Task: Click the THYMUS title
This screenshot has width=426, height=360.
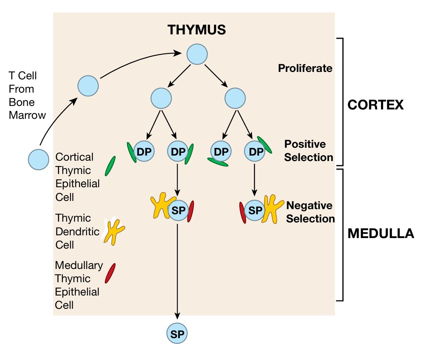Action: pyautogui.click(x=197, y=30)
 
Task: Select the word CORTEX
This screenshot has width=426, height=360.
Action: pyautogui.click(x=375, y=105)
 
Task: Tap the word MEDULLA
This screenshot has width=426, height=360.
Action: pyautogui.click(x=381, y=233)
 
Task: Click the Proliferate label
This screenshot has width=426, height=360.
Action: pyautogui.click(x=305, y=68)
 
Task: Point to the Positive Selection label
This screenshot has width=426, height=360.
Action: pyautogui.click(x=309, y=151)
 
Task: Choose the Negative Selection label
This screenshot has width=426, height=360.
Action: pyautogui.click(x=310, y=212)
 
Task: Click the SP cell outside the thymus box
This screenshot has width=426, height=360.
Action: pyautogui.click(x=177, y=333)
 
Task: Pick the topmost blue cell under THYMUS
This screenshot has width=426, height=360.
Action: pyautogui.click(x=197, y=54)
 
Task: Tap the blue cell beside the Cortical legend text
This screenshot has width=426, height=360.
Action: pyautogui.click(x=39, y=159)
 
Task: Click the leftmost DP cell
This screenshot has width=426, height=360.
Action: pyautogui.click(x=144, y=152)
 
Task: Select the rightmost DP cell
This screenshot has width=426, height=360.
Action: pyautogui.click(x=255, y=152)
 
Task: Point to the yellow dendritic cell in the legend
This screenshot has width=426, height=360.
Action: pyautogui.click(x=113, y=231)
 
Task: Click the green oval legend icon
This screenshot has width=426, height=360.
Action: pyautogui.click(x=110, y=166)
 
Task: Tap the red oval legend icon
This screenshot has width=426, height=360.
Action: pyautogui.click(x=110, y=273)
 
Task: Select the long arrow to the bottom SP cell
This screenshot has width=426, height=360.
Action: pyautogui.click(x=178, y=270)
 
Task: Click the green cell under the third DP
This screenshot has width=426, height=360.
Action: pyautogui.click(x=217, y=162)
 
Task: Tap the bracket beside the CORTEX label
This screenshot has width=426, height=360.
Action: pyautogui.click(x=342, y=102)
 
